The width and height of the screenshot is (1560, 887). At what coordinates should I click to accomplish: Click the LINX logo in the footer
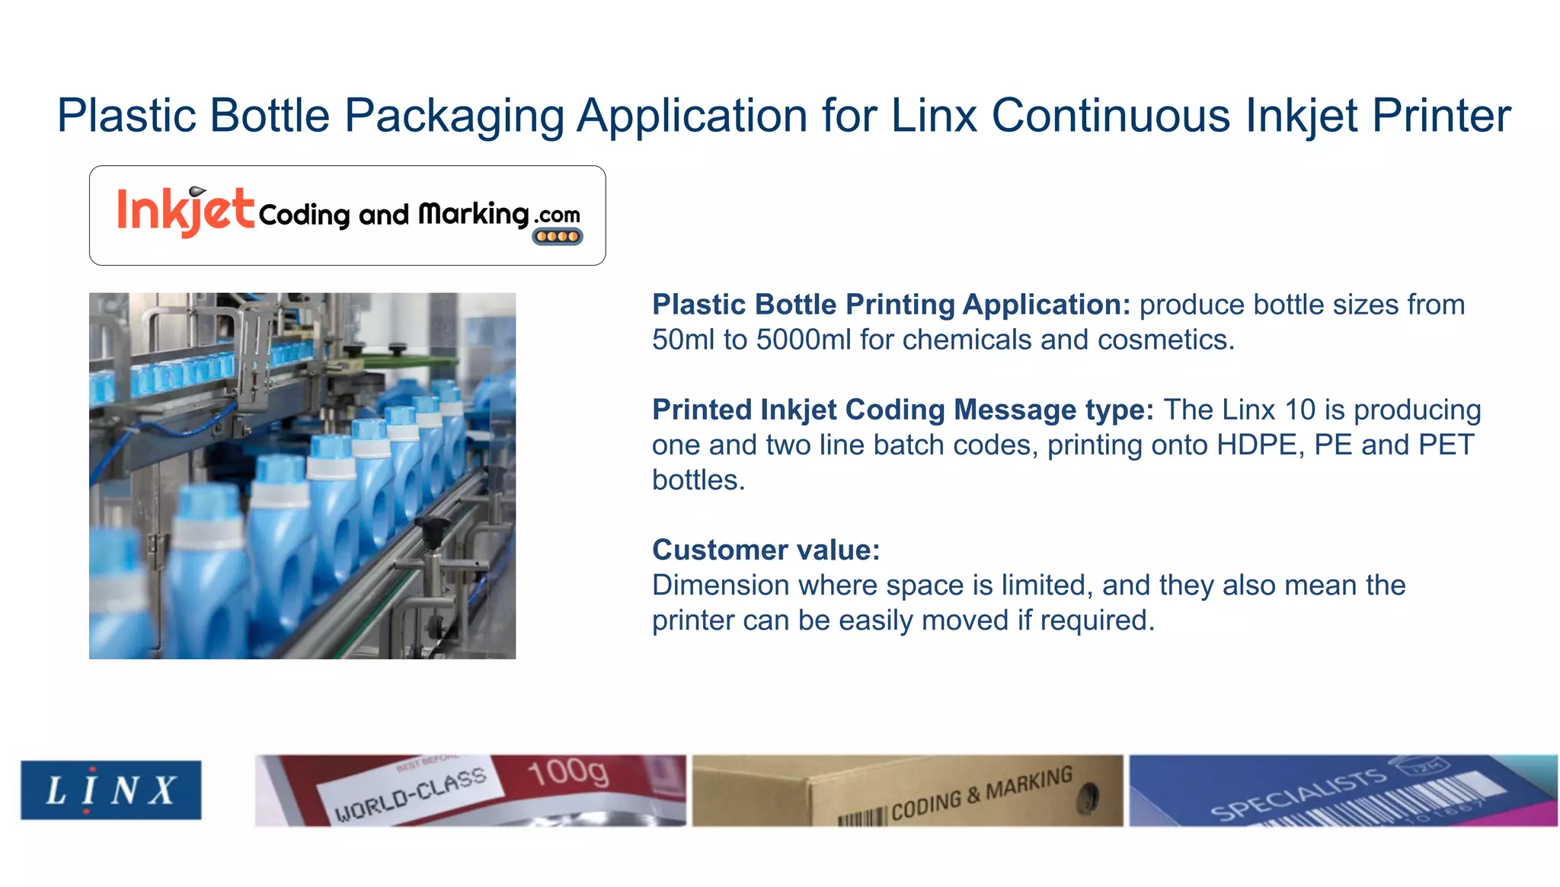pos(111,790)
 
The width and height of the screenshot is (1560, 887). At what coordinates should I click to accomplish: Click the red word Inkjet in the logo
pos(185,211)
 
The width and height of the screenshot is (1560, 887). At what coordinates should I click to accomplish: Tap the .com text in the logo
pos(558,215)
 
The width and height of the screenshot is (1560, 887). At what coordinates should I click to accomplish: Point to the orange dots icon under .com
pos(558,237)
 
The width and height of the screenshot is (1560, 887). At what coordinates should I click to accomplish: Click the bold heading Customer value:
pos(766,550)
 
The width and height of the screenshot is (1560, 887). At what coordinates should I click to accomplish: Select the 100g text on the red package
pos(568,772)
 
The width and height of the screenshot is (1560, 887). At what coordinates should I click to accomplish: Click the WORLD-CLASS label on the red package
pos(411,794)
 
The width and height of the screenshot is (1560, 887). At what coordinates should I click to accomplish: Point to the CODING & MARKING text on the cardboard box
pos(982,795)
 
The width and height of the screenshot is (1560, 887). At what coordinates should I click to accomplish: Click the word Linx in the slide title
pos(934,116)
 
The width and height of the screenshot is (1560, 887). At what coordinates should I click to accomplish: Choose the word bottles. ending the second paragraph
pos(698,480)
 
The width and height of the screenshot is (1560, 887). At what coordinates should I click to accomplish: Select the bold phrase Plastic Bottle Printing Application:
pos(891,305)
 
